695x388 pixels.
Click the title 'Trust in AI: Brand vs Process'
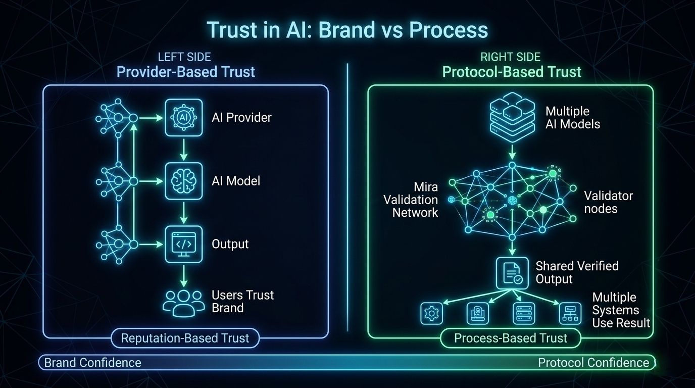coord(347,30)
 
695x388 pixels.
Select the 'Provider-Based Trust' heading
coord(186,72)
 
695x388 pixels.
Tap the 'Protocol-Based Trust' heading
coord(512,72)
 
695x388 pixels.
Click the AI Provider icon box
coord(184,117)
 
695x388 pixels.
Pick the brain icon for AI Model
coord(184,180)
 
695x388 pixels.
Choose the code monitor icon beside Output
coord(184,244)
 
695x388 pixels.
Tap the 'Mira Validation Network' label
coord(410,200)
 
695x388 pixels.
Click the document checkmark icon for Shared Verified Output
coord(512,273)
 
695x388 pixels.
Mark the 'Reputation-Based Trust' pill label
coord(185,338)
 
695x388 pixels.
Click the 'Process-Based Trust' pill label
coord(511,338)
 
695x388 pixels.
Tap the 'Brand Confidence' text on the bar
coord(92,362)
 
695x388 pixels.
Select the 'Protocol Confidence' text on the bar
coord(593,362)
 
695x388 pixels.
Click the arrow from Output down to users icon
coord(184,275)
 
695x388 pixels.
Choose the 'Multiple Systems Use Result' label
coord(621,310)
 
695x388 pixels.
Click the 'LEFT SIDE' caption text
coord(185,57)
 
